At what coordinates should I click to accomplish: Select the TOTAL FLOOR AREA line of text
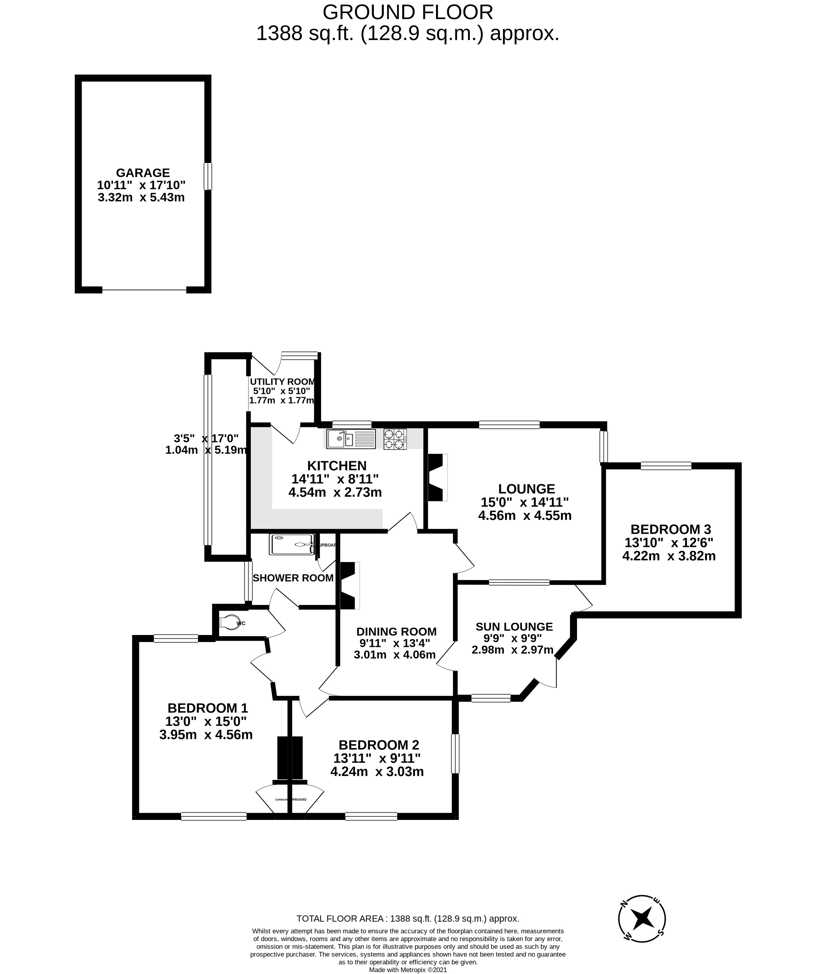[x=407, y=918]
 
